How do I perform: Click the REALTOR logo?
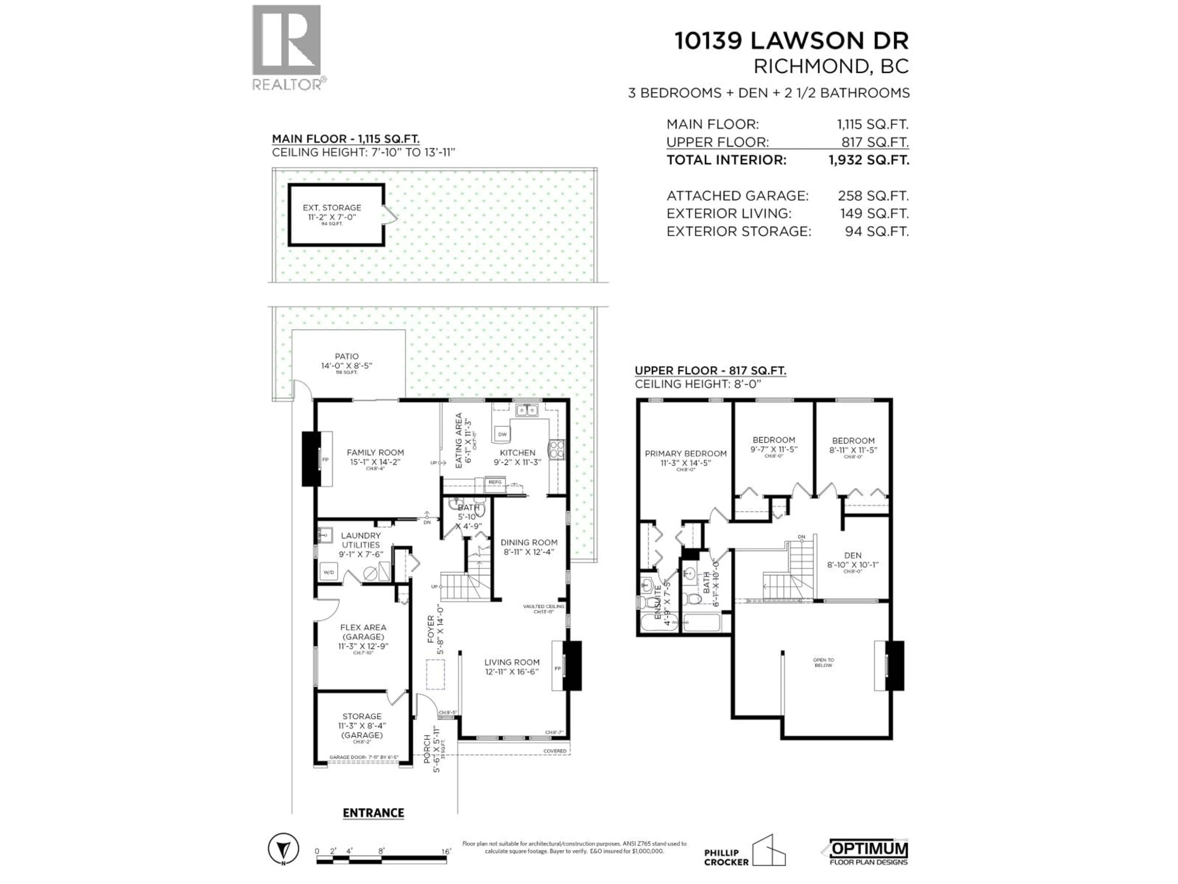coord(287,48)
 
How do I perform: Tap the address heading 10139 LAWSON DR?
coord(791,41)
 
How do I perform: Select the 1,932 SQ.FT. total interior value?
coord(868,160)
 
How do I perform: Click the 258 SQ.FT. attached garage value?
coord(873,196)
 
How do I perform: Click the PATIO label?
coord(347,356)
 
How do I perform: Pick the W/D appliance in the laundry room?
coord(329,572)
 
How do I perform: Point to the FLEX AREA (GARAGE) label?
coord(363,632)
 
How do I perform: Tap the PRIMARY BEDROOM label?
coord(685,453)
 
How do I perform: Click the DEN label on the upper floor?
coord(853,555)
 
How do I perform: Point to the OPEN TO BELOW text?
coord(823,662)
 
